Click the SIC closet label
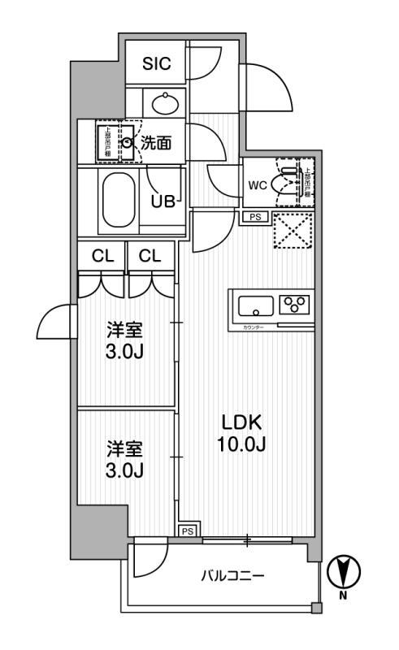[x=157, y=64]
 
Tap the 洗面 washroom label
[x=156, y=143]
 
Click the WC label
[x=257, y=184]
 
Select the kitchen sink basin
[x=255, y=306]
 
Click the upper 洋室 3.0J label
[x=125, y=340]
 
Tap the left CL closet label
[x=102, y=256]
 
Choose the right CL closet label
[x=150, y=256]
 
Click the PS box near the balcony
[x=188, y=531]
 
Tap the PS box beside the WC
[x=255, y=216]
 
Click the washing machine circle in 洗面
[x=128, y=143]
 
